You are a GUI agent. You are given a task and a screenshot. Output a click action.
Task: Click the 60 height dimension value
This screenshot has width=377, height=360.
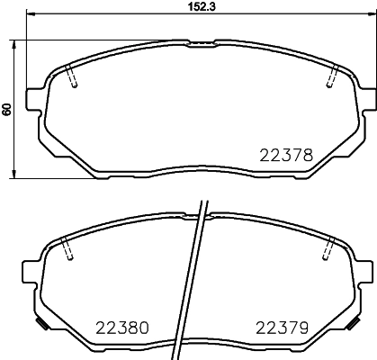(7, 109)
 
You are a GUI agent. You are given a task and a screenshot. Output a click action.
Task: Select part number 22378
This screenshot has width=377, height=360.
(287, 155)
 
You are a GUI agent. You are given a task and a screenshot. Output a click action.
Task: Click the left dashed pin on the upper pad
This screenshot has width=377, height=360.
(74, 78)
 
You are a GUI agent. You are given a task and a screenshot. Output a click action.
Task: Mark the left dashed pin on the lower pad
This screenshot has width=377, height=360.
(68, 249)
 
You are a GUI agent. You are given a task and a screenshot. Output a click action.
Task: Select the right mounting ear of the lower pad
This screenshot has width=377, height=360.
(364, 267)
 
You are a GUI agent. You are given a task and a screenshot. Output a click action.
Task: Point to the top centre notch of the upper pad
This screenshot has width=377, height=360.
(201, 40)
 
